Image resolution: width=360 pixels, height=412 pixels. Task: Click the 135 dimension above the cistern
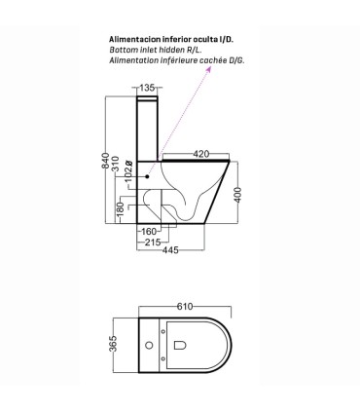(146, 88)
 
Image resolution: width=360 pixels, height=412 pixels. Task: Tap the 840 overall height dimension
(106, 160)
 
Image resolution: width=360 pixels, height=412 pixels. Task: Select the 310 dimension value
(116, 164)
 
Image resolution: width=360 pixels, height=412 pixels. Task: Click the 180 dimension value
(121, 209)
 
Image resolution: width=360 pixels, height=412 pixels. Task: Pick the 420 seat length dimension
(201, 154)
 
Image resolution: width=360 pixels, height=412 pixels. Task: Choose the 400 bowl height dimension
(237, 195)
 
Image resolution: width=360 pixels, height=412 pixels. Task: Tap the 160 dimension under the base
(149, 232)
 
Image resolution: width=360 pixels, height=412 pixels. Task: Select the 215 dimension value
(153, 242)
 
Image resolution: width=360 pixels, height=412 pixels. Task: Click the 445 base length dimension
(170, 250)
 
